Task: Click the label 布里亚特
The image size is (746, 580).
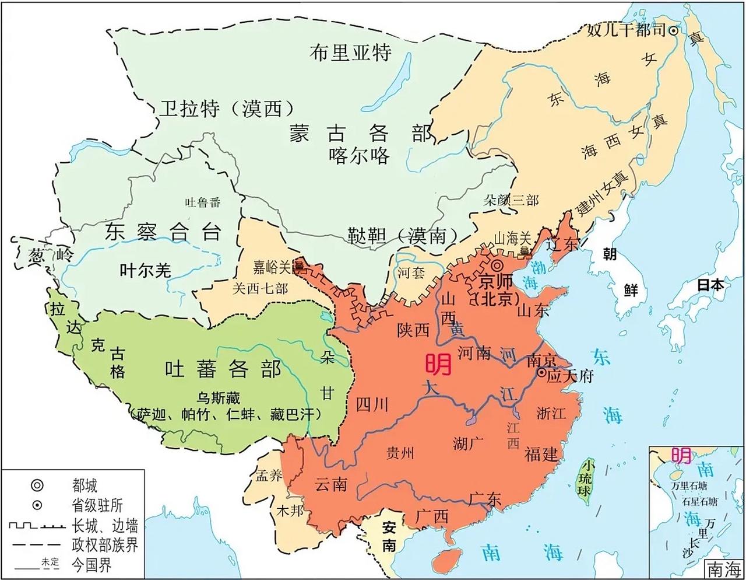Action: coord(351,53)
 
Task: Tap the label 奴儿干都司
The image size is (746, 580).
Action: coord(626,30)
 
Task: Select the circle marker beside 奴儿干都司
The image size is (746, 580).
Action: coord(673,31)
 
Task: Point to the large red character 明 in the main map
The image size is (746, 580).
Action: coord(438,365)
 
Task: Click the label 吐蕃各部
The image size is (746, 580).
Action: coord(223,369)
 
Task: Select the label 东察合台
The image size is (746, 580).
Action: coord(163,232)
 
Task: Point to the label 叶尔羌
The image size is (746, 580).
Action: coord(145,270)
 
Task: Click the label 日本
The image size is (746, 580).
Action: coord(710,285)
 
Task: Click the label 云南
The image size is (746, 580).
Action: coord(330,484)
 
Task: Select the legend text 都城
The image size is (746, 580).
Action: coord(85,485)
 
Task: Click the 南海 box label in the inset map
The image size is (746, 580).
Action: coord(723,568)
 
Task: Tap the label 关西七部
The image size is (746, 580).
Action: coord(260,288)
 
